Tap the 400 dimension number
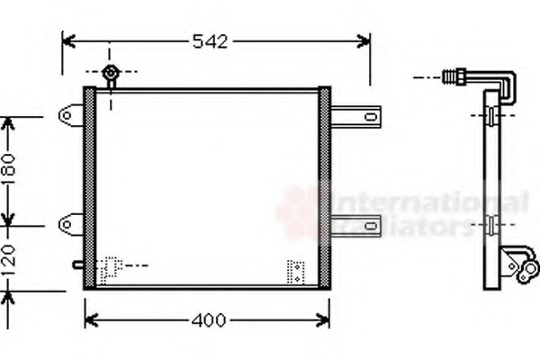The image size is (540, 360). click(207, 320)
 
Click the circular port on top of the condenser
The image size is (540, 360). click(110, 73)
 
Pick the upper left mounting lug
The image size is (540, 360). click(70, 115)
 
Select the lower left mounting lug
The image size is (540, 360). click(70, 220)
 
